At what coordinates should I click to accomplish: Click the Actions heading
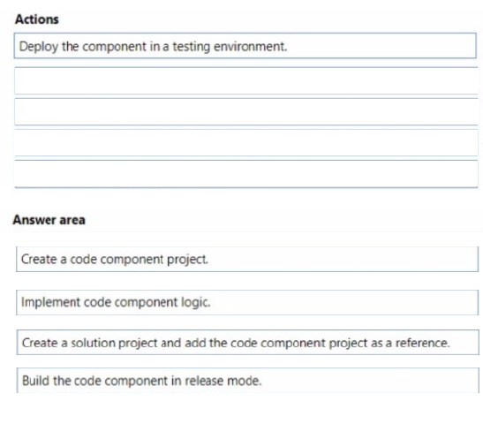click(x=37, y=19)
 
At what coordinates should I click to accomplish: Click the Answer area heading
click(x=49, y=220)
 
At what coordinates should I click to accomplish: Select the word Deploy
click(x=39, y=47)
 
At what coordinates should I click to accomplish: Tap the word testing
click(x=191, y=47)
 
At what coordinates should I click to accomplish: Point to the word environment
click(x=251, y=47)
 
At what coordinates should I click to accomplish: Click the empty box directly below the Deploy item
click(x=246, y=80)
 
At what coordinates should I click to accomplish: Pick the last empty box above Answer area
click(x=246, y=174)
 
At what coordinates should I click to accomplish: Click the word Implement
click(x=50, y=303)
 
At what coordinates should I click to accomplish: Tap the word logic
click(x=196, y=303)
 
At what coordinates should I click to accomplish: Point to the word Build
click(x=35, y=381)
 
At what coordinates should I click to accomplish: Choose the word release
click(x=204, y=381)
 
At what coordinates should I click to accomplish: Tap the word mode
click(x=245, y=381)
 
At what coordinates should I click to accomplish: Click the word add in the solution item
click(x=195, y=343)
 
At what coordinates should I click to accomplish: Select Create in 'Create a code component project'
click(x=39, y=260)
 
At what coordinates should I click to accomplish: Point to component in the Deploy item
click(x=114, y=47)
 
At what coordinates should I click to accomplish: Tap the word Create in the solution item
click(x=40, y=343)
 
